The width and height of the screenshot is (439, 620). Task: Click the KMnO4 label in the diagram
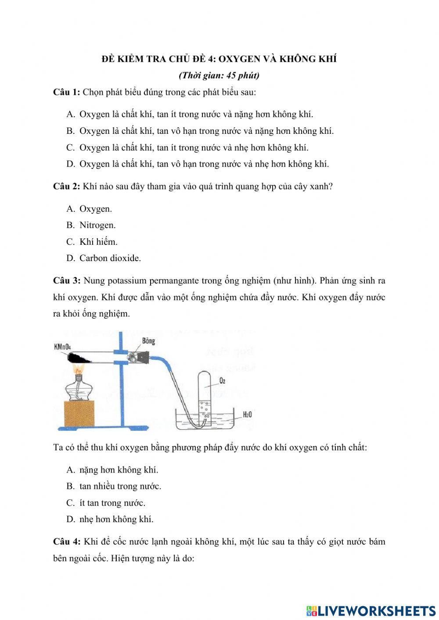pos(62,347)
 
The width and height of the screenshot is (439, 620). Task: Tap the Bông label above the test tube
pos(148,341)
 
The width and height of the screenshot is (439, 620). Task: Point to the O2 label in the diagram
pos(222,380)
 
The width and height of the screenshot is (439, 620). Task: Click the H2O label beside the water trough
pos(247,415)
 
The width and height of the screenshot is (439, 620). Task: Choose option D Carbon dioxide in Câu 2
pos(110,258)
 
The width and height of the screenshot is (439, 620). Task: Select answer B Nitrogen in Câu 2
pos(97,225)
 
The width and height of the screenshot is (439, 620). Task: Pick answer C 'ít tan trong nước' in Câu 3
pos(112,503)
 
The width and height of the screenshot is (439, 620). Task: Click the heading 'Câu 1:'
pos(66,92)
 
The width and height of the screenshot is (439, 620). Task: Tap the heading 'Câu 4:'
pos(66,541)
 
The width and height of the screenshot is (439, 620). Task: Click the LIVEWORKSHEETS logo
pos(371,610)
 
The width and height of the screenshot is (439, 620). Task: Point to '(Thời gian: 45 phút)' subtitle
pos(219,75)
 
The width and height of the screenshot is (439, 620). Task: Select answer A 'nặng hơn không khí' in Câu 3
pos(119,470)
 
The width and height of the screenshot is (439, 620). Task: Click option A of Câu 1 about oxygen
pos(196,114)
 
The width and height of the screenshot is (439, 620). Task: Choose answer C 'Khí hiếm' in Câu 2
pos(98,242)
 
